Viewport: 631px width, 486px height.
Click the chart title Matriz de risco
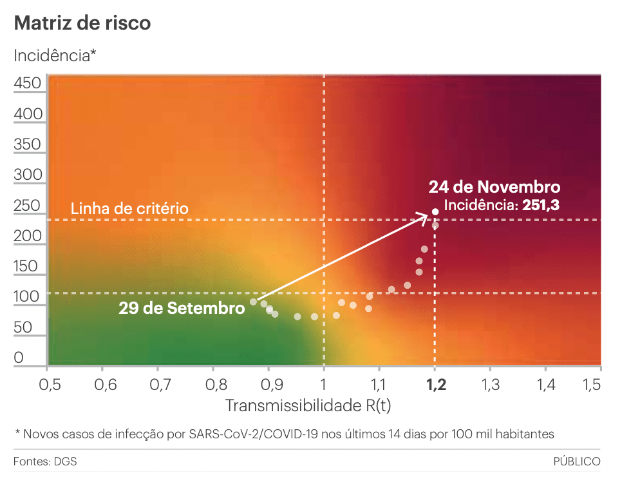tap(82, 23)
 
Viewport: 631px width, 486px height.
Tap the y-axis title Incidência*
tap(55, 55)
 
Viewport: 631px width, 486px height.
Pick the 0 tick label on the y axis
tap(19, 358)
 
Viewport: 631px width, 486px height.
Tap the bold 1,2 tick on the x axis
tap(435, 385)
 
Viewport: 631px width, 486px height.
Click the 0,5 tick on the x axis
tap(49, 385)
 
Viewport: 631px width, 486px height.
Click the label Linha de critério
tap(129, 209)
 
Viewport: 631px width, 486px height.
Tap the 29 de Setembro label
tap(182, 308)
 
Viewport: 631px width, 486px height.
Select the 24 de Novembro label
tap(494, 188)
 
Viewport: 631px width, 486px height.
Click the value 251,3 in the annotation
tap(540, 206)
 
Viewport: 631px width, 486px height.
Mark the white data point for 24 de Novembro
tap(435, 211)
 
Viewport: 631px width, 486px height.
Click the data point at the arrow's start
tap(254, 302)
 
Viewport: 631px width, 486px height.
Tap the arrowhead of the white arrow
tap(425, 216)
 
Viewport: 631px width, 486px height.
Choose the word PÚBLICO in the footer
tap(576, 462)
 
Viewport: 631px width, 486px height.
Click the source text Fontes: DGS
tap(41, 462)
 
